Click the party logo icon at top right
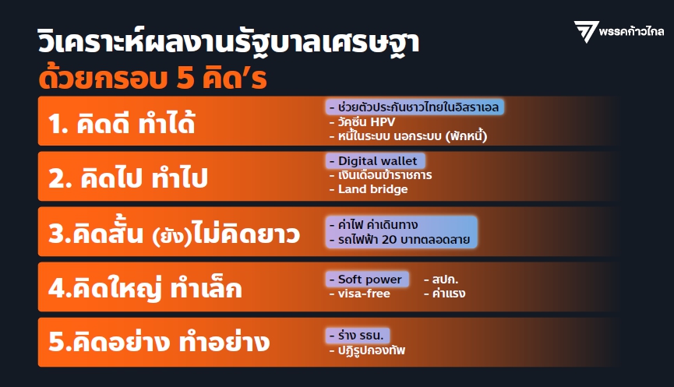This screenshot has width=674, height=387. click(586, 31)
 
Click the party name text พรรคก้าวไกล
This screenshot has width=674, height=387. click(631, 31)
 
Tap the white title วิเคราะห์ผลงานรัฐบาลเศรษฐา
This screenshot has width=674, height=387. click(228, 42)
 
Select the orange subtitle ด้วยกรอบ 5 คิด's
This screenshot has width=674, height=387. click(153, 77)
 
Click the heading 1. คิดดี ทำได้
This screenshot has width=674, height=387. click(122, 123)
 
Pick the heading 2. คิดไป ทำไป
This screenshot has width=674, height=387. click(128, 178)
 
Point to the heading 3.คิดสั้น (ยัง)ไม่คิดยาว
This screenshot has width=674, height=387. click(174, 233)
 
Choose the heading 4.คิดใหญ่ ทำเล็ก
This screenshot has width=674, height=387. click(145, 288)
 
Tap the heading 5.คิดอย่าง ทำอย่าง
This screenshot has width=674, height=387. click(159, 342)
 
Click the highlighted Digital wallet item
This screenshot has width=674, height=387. click(376, 161)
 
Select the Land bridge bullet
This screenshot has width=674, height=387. click(369, 189)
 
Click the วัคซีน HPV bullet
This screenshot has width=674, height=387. click(362, 122)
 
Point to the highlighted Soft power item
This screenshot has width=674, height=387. click(367, 280)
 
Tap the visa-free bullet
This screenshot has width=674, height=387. click(360, 294)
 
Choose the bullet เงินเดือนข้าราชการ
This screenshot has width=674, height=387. click(380, 175)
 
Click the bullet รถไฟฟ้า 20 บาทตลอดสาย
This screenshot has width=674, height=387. click(399, 240)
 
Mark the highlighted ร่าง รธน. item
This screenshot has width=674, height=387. click(358, 335)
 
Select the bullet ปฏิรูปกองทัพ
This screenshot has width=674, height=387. click(367, 350)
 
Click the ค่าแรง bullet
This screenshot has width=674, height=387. click(444, 294)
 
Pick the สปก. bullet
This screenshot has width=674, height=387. click(441, 280)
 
